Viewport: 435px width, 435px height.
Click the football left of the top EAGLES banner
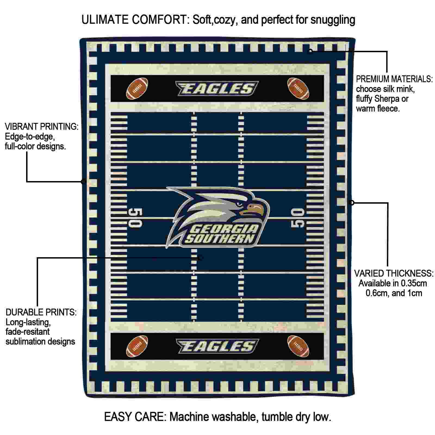tap(137, 89)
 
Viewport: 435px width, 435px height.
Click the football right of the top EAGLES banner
tap(298, 89)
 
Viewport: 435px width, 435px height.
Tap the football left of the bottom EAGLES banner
tap(137, 346)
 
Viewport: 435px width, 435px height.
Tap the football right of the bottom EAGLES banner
tap(298, 346)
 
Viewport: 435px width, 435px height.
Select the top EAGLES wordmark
tap(217, 89)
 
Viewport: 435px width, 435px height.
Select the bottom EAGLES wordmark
tap(217, 346)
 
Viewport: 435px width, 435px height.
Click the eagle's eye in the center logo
tap(240, 204)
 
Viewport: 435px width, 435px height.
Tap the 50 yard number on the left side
tap(135, 218)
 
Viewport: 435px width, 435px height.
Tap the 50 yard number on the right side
tap(298, 218)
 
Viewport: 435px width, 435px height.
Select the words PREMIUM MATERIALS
tap(394, 79)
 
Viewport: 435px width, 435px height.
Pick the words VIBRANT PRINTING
tap(42, 126)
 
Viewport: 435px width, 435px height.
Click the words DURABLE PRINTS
tap(41, 312)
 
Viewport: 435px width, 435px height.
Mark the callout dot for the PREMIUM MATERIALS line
tap(310, 51)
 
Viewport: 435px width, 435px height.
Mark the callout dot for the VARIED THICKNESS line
tap(352, 203)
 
